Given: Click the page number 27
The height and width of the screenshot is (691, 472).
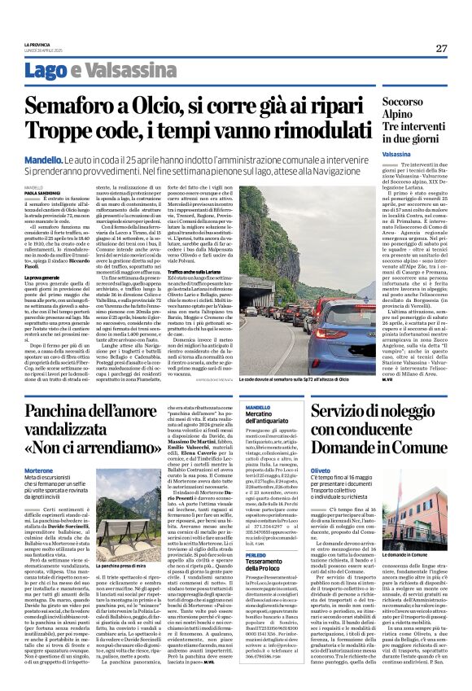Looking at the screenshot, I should (440, 48).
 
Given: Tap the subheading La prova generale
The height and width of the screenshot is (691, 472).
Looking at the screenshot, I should (43, 278).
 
